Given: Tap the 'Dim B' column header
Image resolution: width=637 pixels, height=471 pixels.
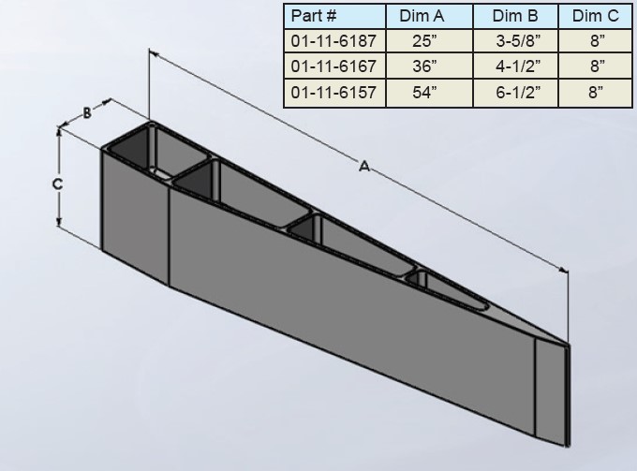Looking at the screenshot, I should pyautogui.click(x=515, y=16).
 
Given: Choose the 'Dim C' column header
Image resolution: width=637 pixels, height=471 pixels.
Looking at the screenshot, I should pyautogui.click(x=595, y=16).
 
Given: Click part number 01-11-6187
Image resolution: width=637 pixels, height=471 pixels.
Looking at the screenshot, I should pyautogui.click(x=333, y=41).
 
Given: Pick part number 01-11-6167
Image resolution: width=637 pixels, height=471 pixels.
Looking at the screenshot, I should pyautogui.click(x=333, y=66).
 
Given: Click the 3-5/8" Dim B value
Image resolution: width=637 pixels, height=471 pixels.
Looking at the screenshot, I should pyautogui.click(x=515, y=41).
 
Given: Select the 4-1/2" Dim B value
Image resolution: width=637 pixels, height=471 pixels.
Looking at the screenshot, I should pyautogui.click(x=515, y=66).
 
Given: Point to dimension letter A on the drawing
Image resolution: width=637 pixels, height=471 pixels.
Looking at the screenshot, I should pyautogui.click(x=363, y=166).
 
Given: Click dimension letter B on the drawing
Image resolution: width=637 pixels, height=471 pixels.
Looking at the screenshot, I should pyautogui.click(x=87, y=112).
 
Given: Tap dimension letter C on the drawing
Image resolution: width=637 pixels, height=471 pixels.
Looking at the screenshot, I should pyautogui.click(x=57, y=184).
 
